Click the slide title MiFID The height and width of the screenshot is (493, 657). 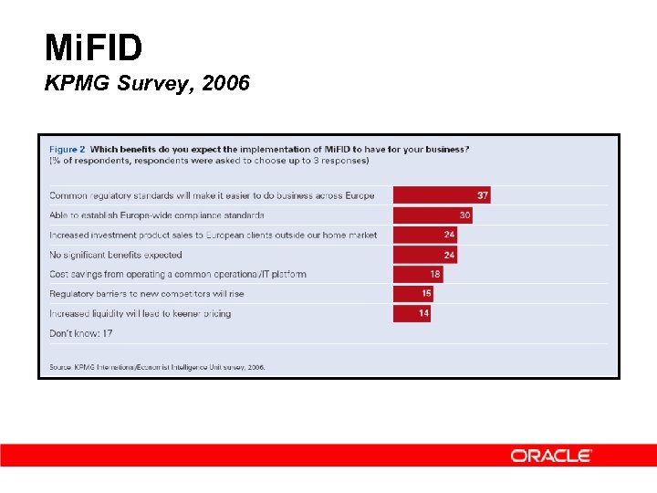(93, 47)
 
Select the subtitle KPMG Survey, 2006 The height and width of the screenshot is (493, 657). (147, 85)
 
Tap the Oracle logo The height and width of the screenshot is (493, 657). (551, 456)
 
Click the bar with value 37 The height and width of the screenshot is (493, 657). (441, 195)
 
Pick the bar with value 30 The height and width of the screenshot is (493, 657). (433, 215)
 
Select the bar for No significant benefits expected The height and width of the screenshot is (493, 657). (424, 255)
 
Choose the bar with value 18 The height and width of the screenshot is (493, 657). (418, 274)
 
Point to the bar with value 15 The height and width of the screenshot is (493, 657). (413, 294)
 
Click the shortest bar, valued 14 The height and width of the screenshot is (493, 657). (412, 313)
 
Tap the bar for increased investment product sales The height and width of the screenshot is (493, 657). (424, 235)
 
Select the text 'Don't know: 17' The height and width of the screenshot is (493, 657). (81, 333)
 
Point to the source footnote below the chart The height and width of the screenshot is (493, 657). (157, 367)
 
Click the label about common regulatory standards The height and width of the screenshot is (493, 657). (212, 195)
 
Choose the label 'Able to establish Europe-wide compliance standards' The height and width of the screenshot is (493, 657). (157, 215)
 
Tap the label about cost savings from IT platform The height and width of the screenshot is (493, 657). (178, 274)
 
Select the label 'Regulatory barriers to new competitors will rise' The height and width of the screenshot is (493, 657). (147, 294)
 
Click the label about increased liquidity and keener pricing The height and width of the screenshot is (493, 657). (140, 313)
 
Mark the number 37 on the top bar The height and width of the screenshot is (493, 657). (483, 195)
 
